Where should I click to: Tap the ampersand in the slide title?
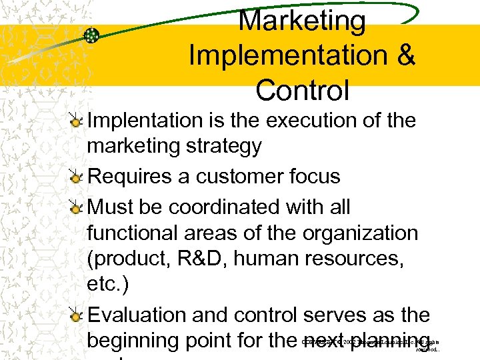[405, 56]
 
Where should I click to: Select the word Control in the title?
[302, 91]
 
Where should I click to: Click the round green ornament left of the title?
[92, 35]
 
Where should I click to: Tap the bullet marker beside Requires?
[78, 177]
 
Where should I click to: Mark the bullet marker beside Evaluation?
[78, 314]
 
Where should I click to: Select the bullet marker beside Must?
[78, 207]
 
